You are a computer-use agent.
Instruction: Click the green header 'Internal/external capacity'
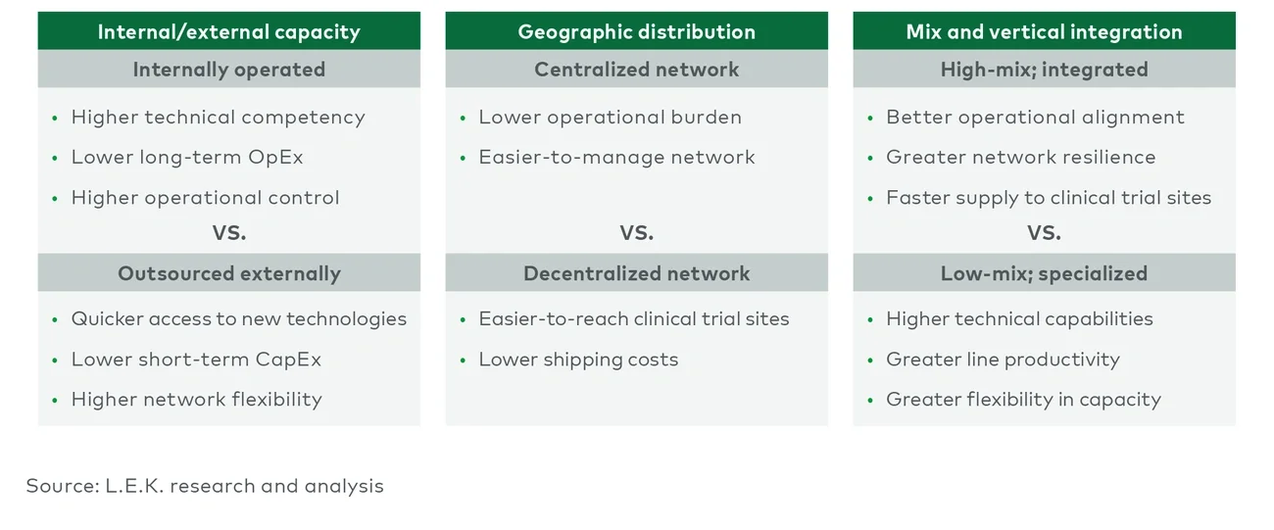228,31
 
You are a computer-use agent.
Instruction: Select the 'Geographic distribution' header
636,31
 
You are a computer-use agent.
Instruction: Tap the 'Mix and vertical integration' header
1044,31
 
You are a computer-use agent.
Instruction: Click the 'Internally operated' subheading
228,70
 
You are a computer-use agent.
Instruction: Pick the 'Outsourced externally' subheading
228,273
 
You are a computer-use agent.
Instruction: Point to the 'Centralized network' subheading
636,70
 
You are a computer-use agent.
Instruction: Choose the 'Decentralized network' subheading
636,273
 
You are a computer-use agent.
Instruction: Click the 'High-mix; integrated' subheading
1044,70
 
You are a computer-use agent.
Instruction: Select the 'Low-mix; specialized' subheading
1044,273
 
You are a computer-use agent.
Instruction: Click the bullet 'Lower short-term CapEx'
196,360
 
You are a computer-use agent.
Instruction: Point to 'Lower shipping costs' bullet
578,360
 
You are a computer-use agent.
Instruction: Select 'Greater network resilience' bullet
1020,158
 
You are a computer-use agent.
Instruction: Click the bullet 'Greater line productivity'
1003,360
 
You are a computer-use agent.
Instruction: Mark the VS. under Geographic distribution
636,233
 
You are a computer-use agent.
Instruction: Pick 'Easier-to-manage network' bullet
616,158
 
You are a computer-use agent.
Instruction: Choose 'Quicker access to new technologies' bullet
238,319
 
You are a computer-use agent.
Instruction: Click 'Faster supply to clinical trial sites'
1049,198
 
